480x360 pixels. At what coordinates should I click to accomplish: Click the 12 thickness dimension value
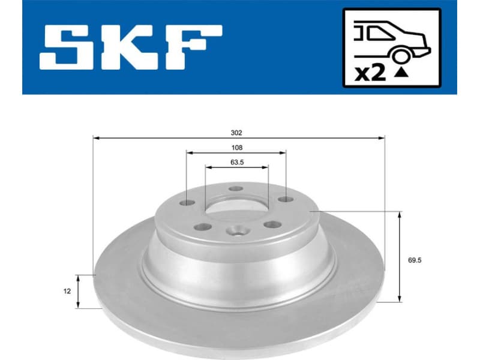click(67, 291)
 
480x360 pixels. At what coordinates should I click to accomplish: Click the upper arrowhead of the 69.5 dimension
click(399, 215)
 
